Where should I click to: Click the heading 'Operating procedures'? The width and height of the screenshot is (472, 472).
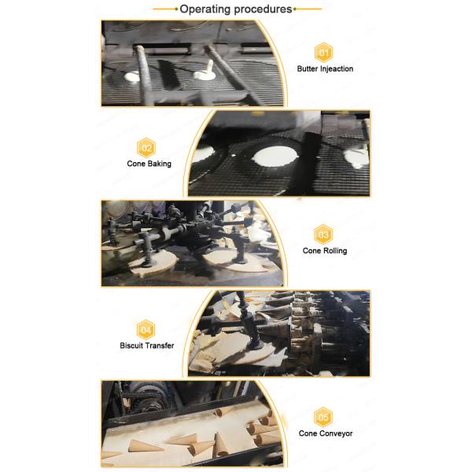(x=236, y=9)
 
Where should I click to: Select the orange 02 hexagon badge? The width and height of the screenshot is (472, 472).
(x=148, y=147)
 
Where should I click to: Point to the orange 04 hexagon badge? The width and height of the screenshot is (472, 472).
(x=146, y=328)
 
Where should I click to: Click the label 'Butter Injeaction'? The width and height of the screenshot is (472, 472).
(x=325, y=69)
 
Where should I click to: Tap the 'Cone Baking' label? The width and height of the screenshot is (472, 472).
(x=149, y=164)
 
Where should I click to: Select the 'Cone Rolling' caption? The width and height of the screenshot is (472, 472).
(x=325, y=251)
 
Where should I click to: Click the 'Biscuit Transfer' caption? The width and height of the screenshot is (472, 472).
(x=147, y=345)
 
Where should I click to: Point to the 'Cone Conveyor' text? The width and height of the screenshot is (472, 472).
(x=325, y=433)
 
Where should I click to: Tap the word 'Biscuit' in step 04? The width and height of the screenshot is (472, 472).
(x=131, y=345)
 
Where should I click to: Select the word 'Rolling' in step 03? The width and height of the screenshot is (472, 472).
(x=334, y=251)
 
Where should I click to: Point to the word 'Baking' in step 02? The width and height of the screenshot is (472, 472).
(x=159, y=164)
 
